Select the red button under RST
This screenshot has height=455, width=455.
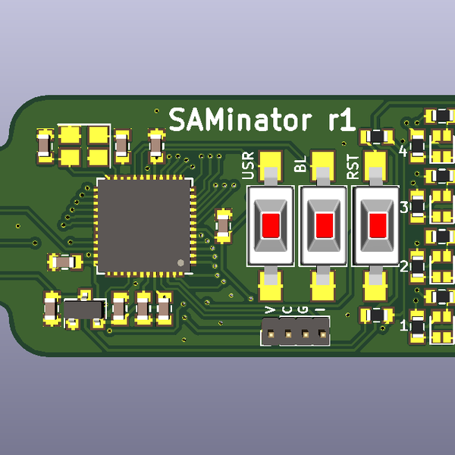377,225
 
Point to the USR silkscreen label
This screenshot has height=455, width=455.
248,165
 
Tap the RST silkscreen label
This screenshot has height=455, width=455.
353,166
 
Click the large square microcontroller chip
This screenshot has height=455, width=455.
143,225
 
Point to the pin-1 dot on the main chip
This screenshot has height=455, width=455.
180,262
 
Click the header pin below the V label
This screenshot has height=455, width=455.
270,332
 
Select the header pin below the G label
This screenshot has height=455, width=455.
305,332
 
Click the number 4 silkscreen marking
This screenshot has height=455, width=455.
403,151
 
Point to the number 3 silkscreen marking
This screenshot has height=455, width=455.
404,207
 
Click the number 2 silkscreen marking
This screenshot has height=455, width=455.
404,266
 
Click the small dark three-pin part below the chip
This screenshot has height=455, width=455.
83,310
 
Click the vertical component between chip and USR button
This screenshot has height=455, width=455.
223,224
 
